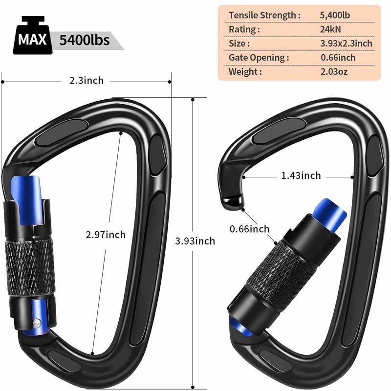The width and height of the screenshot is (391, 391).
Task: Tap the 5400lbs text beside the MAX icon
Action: pyautogui.click(x=84, y=39)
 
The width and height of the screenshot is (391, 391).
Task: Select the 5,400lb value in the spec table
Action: pyautogui.click(x=335, y=15)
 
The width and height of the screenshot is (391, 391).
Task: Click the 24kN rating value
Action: pyautogui.click(x=330, y=29)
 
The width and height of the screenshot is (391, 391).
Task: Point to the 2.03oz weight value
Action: pyautogui.click(x=335, y=72)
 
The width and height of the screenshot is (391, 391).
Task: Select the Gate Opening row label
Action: pyautogui.click(x=259, y=58)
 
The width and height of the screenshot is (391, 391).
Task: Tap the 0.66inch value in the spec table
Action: pyautogui.click(x=338, y=58)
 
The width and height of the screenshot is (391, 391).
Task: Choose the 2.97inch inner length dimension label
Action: pyautogui.click(x=106, y=234)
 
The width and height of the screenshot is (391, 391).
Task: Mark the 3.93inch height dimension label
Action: pyautogui.click(x=195, y=240)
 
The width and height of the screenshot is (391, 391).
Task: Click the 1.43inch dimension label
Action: pyautogui.click(x=301, y=175)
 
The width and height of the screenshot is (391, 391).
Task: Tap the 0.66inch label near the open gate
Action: pyautogui.click(x=249, y=229)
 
